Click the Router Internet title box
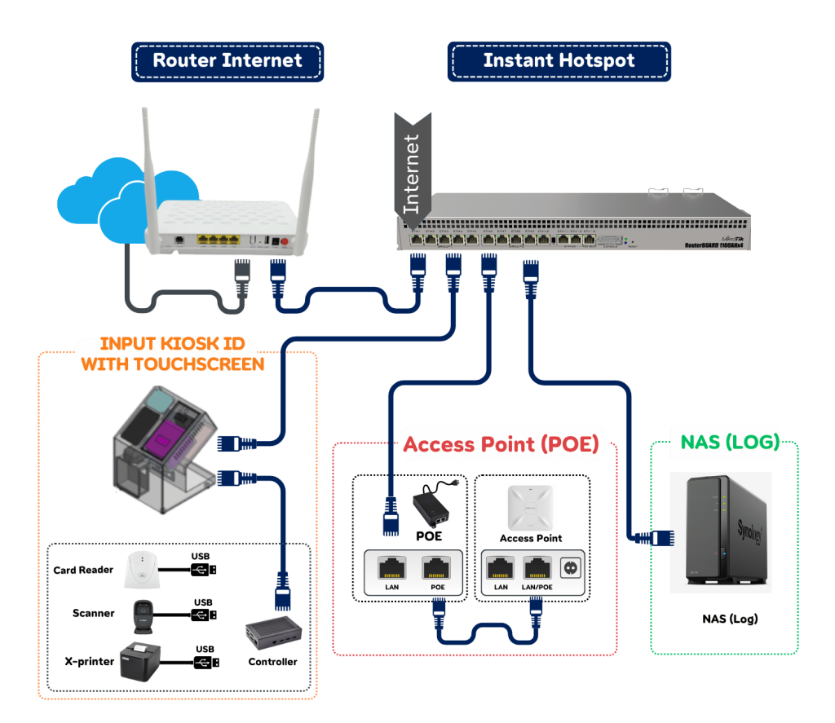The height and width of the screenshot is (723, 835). (228, 60)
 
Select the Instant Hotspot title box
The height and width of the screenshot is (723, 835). (559, 60)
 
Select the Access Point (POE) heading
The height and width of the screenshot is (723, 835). (501, 444)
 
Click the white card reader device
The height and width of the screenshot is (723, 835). (144, 571)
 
